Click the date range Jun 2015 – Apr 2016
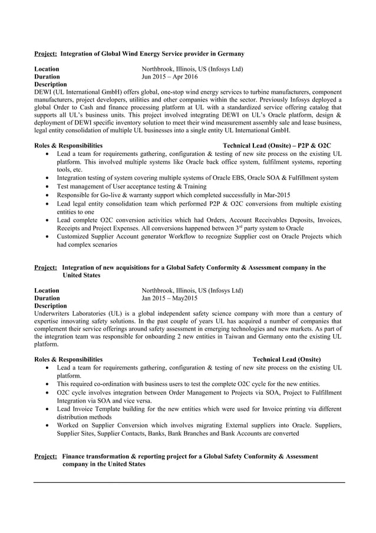pyautogui.click(x=170, y=77)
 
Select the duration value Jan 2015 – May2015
pyautogui.click(x=170, y=298)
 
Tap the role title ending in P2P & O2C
pyautogui.click(x=276, y=145)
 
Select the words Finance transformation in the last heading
pyautogui.click(x=96, y=456)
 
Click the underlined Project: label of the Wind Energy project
pyautogui.click(x=45, y=54)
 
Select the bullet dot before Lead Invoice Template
pyautogui.click(x=47, y=409)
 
